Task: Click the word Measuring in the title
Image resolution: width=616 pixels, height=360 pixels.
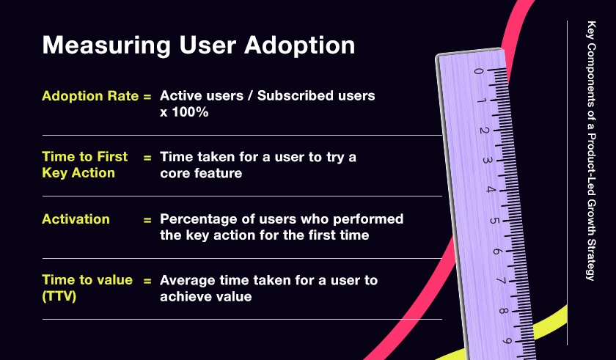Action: coord(106,46)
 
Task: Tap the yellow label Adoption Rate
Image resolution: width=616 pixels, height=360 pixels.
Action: coord(90,96)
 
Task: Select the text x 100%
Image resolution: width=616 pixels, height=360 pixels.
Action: coord(184,112)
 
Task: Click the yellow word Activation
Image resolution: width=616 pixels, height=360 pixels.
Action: coord(76,219)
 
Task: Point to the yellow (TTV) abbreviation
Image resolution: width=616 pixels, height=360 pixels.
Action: coord(59,296)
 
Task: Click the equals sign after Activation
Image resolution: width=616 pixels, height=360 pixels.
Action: coord(147,220)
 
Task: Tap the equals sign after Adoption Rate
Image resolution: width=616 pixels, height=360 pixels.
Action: coord(147,97)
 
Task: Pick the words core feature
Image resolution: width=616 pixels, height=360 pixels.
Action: coord(201,173)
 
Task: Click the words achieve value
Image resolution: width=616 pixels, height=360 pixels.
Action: coord(206,296)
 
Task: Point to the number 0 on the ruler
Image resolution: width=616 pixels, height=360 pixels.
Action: coord(477,71)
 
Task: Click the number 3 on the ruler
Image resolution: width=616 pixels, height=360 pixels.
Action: coord(487,160)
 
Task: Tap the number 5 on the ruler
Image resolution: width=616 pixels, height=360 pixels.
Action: coord(494,221)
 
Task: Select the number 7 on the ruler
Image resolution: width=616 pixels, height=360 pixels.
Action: coord(501,281)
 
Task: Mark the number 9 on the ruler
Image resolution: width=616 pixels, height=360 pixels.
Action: coord(507,341)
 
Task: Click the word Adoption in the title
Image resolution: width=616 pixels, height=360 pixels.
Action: coord(299,46)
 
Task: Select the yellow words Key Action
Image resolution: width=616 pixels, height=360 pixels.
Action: coord(78,173)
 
